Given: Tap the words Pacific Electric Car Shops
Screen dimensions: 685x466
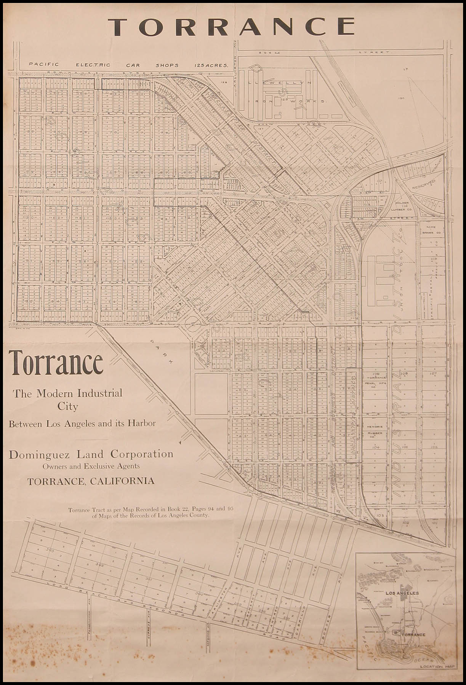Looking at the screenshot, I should [130, 65].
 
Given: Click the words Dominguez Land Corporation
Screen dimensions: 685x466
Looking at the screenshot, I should [91, 454].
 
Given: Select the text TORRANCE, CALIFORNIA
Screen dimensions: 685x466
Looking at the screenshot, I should [91, 481].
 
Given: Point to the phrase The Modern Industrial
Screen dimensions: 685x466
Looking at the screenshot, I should [68, 393].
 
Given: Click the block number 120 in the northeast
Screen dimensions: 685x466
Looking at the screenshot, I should [400, 98].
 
